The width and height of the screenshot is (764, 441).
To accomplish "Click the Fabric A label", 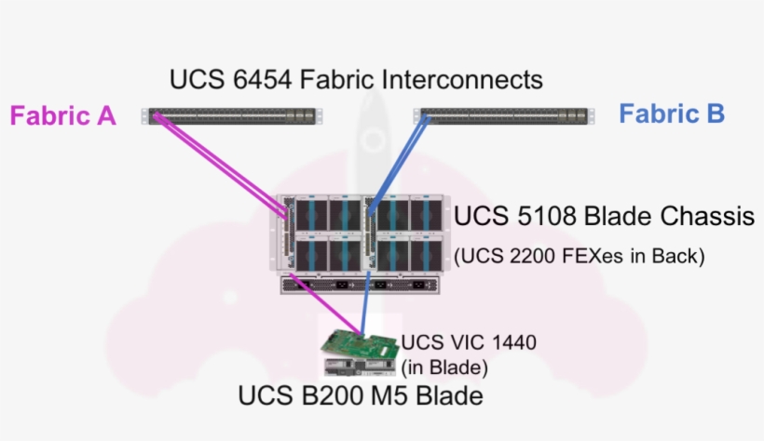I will (x=62, y=116).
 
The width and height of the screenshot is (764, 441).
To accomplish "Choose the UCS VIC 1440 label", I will (x=469, y=342).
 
